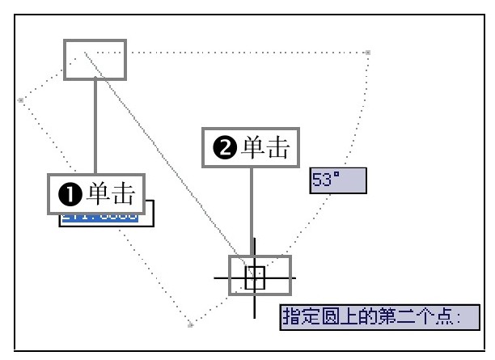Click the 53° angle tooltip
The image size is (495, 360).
(338, 181)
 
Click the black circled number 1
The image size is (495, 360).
(70, 194)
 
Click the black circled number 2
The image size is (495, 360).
(224, 149)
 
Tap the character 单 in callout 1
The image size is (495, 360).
(99, 194)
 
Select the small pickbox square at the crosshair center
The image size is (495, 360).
(255, 278)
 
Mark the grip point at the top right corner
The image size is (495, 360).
(368, 53)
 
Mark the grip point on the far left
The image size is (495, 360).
(21, 100)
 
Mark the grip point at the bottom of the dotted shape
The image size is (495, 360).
(190, 325)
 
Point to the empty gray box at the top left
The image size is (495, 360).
(95, 59)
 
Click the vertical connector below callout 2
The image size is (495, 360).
(252, 210)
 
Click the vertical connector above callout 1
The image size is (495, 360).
(95, 127)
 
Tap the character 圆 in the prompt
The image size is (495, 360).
(322, 316)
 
